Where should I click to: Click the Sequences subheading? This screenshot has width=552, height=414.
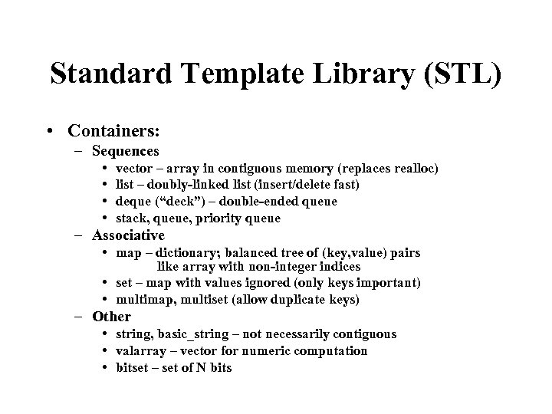point(126,151)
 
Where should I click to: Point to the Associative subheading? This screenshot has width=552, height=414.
point(129,235)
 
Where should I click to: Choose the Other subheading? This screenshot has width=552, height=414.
point(112,316)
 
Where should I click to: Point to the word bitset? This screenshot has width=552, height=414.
point(133,368)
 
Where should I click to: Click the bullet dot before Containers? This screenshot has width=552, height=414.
point(51,132)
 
